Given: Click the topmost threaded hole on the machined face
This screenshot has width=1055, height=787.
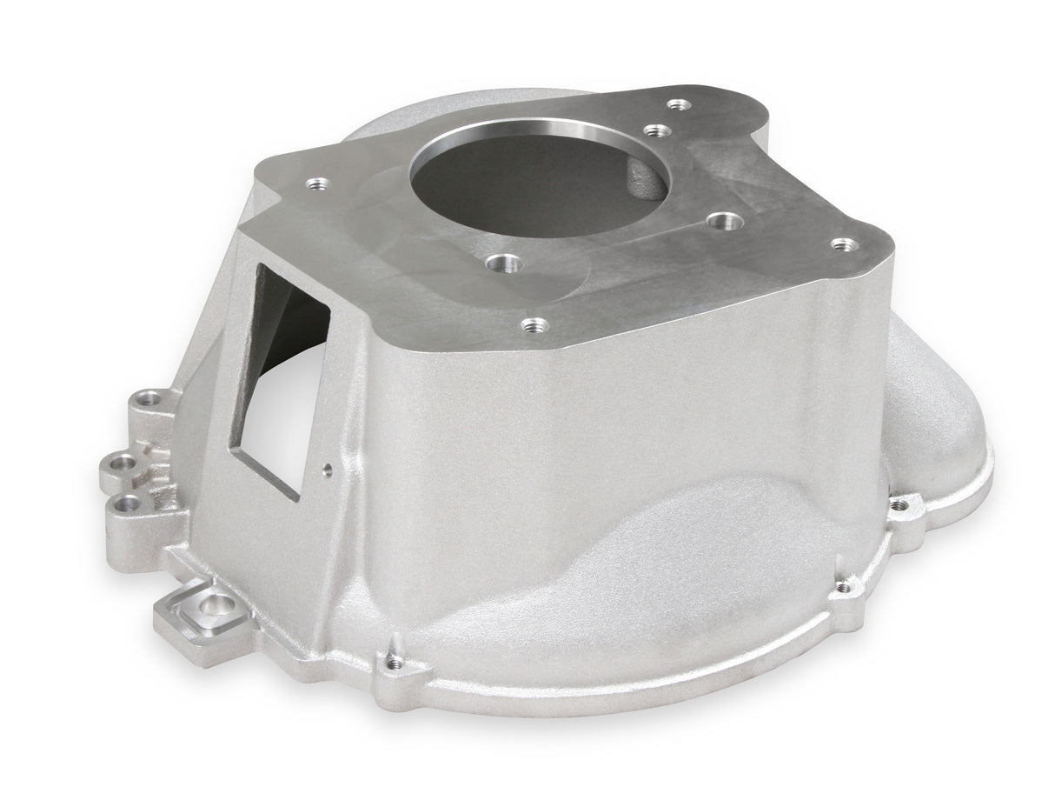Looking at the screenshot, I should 680,105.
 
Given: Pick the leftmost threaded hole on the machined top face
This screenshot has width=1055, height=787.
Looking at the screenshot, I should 318,184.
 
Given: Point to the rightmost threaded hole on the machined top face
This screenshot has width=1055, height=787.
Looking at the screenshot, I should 840,245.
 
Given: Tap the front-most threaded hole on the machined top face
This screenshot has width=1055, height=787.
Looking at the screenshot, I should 535,325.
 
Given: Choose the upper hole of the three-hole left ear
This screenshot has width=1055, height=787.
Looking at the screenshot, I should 151,399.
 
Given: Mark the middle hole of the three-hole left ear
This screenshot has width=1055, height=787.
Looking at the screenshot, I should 125,461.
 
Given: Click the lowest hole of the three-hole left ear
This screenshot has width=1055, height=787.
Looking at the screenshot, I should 129,501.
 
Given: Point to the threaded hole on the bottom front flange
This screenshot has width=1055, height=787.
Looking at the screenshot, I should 395,663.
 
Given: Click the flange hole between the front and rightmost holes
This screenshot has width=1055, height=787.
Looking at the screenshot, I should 843,589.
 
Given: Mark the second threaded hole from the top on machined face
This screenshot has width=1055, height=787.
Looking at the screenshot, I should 658,131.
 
